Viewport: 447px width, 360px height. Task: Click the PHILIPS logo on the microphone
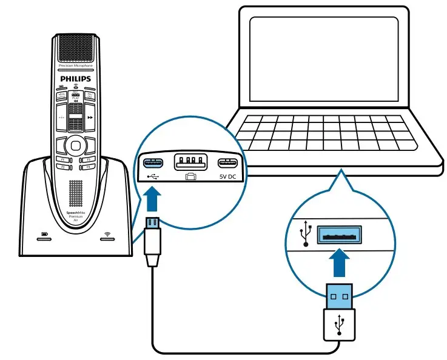coord(75,79)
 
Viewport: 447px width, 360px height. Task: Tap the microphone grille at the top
coord(75,49)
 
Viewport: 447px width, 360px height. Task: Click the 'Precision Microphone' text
coord(75,65)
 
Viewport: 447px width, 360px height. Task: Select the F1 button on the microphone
coord(61,159)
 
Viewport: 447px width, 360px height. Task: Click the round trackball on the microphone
coord(75,144)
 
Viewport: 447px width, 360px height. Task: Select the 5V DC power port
coord(227,163)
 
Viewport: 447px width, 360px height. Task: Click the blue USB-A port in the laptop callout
coord(339,234)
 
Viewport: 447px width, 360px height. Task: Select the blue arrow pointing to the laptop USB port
coord(338,264)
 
